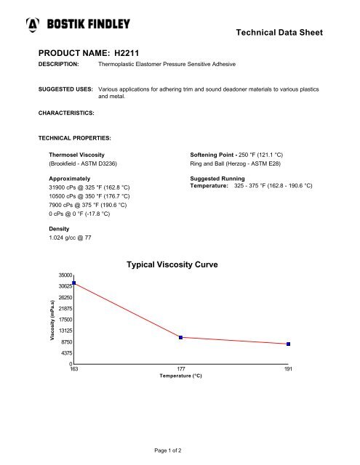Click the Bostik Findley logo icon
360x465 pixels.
pos(32,25)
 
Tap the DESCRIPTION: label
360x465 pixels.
pos(60,65)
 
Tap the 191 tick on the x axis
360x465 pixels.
pos(289,370)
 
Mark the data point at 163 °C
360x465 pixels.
pos(74,283)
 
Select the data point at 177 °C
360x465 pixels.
pos(180,337)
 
